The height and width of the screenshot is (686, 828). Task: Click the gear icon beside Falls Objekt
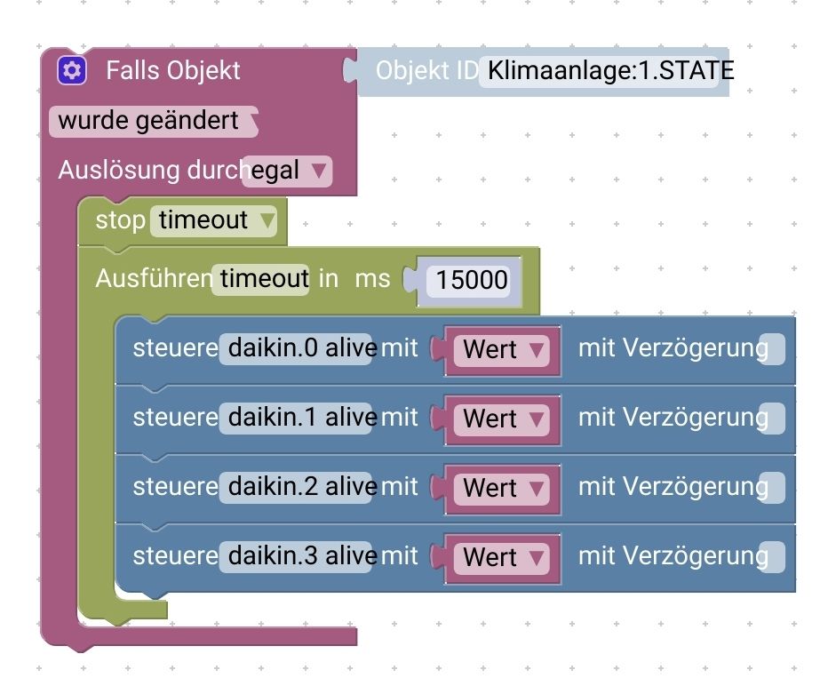[x=72, y=70]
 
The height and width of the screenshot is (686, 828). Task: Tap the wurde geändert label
[x=148, y=121]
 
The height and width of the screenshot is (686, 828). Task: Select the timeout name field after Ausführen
[x=263, y=278]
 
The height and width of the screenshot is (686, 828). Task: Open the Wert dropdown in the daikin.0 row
[x=503, y=349]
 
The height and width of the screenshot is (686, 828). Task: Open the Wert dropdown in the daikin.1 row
[x=503, y=419]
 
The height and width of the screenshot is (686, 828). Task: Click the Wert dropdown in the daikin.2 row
[x=503, y=488]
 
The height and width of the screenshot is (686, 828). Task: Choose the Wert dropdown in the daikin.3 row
[x=503, y=557]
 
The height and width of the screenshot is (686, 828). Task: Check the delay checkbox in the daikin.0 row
[x=773, y=349]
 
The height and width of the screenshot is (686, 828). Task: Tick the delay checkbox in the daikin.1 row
[x=773, y=419]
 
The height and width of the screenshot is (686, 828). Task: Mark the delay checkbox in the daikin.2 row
[x=773, y=488]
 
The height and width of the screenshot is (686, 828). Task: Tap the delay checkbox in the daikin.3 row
[x=773, y=557]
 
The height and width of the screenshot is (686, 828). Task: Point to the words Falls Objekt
[x=173, y=70]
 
